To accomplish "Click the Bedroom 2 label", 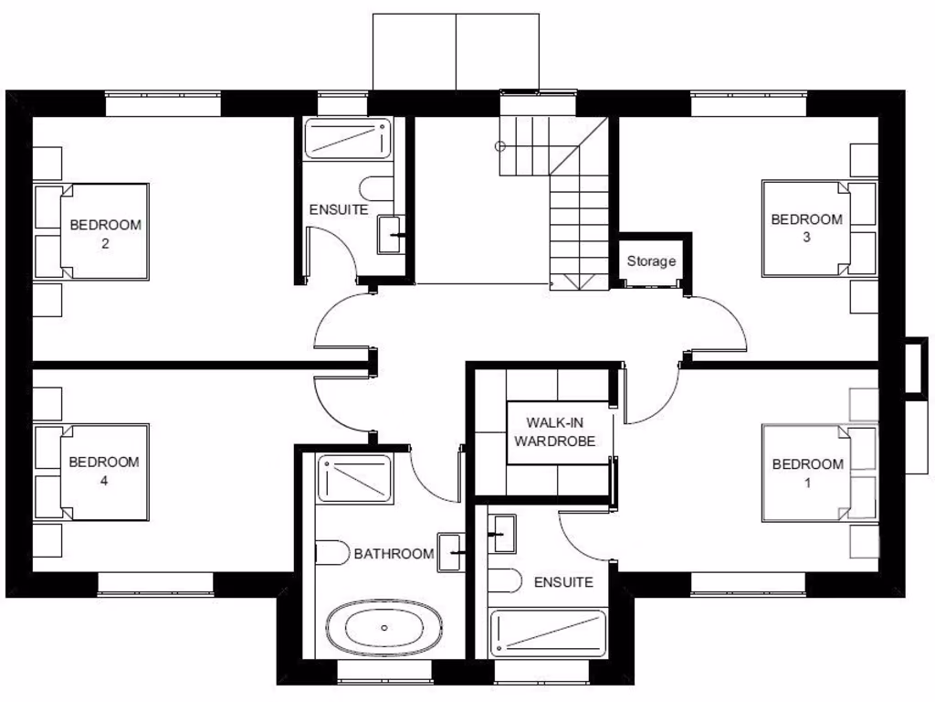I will pyautogui.click(x=106, y=234).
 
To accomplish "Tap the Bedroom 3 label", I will pyautogui.click(x=806, y=228).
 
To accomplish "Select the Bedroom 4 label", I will pyautogui.click(x=104, y=471).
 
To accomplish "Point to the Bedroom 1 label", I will pyautogui.click(x=806, y=473).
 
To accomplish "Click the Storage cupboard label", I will pyautogui.click(x=651, y=261).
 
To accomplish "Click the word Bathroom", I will pyautogui.click(x=394, y=554).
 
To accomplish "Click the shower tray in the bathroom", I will pyautogui.click(x=354, y=478).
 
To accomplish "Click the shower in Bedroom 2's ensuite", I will pyautogui.click(x=347, y=139).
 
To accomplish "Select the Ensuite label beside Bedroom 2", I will pyautogui.click(x=339, y=209).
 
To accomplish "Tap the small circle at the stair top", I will pyautogui.click(x=500, y=146).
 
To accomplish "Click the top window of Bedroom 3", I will pyautogui.click(x=748, y=104).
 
